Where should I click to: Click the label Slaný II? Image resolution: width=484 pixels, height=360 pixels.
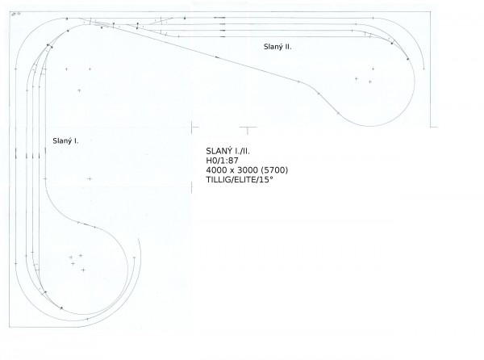click(277, 47)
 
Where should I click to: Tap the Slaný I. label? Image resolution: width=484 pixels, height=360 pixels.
click(65, 140)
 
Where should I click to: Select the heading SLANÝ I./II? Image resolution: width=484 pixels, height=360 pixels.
click(227, 151)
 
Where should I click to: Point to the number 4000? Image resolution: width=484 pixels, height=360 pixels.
click(216, 170)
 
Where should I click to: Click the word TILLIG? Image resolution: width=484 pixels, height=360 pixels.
click(218, 180)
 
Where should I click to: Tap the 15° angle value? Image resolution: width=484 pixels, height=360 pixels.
click(266, 180)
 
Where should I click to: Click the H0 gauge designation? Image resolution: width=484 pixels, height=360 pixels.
click(211, 161)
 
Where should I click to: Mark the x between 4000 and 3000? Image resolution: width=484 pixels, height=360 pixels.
click(232, 171)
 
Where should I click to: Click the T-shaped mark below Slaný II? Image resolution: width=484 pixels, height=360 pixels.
click(248, 130)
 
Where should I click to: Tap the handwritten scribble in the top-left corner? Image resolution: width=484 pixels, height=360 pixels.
click(15, 14)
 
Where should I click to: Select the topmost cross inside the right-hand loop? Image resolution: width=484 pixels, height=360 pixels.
click(373, 69)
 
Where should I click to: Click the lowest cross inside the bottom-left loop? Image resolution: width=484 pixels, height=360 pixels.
click(83, 270)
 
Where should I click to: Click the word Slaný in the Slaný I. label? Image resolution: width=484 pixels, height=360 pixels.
click(63, 141)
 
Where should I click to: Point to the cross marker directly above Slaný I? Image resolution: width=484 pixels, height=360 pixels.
click(79, 90)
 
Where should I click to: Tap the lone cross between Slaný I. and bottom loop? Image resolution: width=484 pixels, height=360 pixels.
click(90, 178)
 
